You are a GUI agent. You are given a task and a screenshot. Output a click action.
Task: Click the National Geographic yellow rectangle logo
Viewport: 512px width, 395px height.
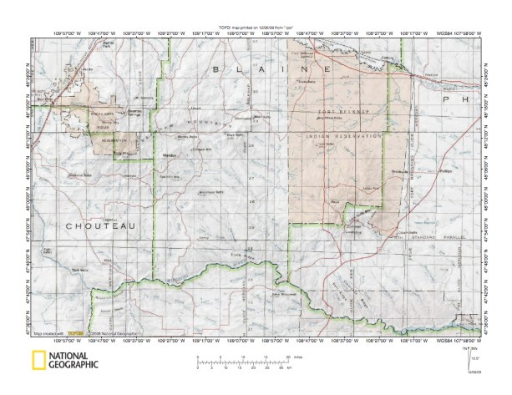pyautogui.click(x=38, y=361)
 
